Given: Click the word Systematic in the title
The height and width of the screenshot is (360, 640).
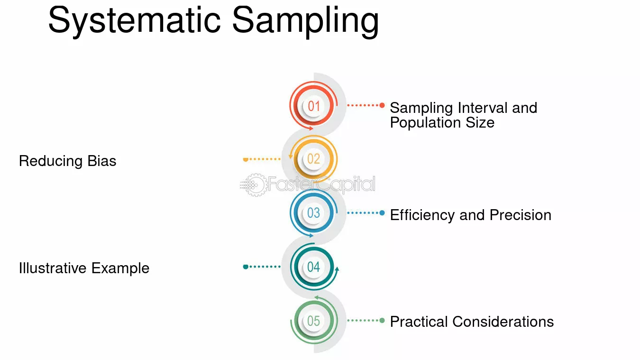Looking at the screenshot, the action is pyautogui.click(x=134, y=20).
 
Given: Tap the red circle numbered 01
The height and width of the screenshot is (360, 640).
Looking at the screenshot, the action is pyautogui.click(x=314, y=106).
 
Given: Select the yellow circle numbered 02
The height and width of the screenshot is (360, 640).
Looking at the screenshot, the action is pyautogui.click(x=313, y=159).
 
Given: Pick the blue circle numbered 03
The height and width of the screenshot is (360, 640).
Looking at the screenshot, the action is pyautogui.click(x=314, y=213).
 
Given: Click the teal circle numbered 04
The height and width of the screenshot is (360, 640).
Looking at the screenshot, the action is pyautogui.click(x=314, y=267).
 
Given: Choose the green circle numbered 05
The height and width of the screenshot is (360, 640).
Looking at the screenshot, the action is pyautogui.click(x=314, y=321).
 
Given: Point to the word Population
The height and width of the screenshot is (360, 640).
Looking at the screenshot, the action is pyautogui.click(x=425, y=123).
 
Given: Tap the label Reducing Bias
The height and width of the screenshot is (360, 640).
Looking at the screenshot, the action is pyautogui.click(x=68, y=161).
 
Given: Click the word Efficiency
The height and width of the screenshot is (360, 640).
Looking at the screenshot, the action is pyautogui.click(x=422, y=215).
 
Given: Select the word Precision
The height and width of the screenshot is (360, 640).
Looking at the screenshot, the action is pyautogui.click(x=520, y=215).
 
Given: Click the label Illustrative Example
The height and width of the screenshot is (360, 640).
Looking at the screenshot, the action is pyautogui.click(x=84, y=268).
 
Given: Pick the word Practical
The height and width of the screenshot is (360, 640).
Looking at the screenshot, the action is pyautogui.click(x=419, y=322).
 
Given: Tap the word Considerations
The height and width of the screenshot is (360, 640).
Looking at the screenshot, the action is pyautogui.click(x=503, y=322).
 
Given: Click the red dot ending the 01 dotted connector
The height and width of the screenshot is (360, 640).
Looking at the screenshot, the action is pyautogui.click(x=382, y=105).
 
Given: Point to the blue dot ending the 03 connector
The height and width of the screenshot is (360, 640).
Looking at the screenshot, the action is pyautogui.click(x=382, y=213).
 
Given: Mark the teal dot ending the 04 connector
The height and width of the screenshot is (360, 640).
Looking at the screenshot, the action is pyautogui.click(x=246, y=267).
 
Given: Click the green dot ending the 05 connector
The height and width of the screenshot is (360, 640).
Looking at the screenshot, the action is pyautogui.click(x=382, y=320).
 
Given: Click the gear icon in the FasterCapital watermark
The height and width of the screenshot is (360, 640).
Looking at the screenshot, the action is pyautogui.click(x=254, y=185).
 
